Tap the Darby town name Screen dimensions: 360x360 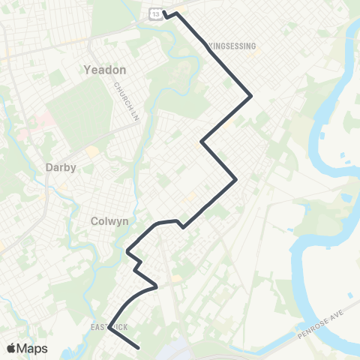pyautogui.click(x=61, y=168)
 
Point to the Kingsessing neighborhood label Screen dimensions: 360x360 pyautogui.click(x=232, y=46)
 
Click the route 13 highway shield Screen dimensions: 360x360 pyautogui.click(x=154, y=13)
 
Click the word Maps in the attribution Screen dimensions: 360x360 pyautogui.click(x=33, y=348)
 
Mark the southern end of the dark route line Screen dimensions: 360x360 pyautogui.click(x=140, y=347)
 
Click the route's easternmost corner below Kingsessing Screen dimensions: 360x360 pyautogui.click(x=250, y=95)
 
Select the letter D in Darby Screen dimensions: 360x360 pyautogui.click(x=49, y=168)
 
